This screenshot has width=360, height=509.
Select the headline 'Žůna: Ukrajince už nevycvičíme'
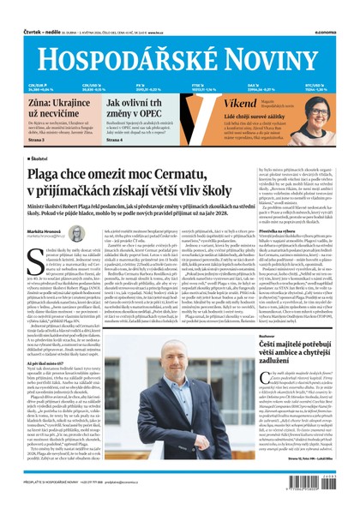coord(56,108)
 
